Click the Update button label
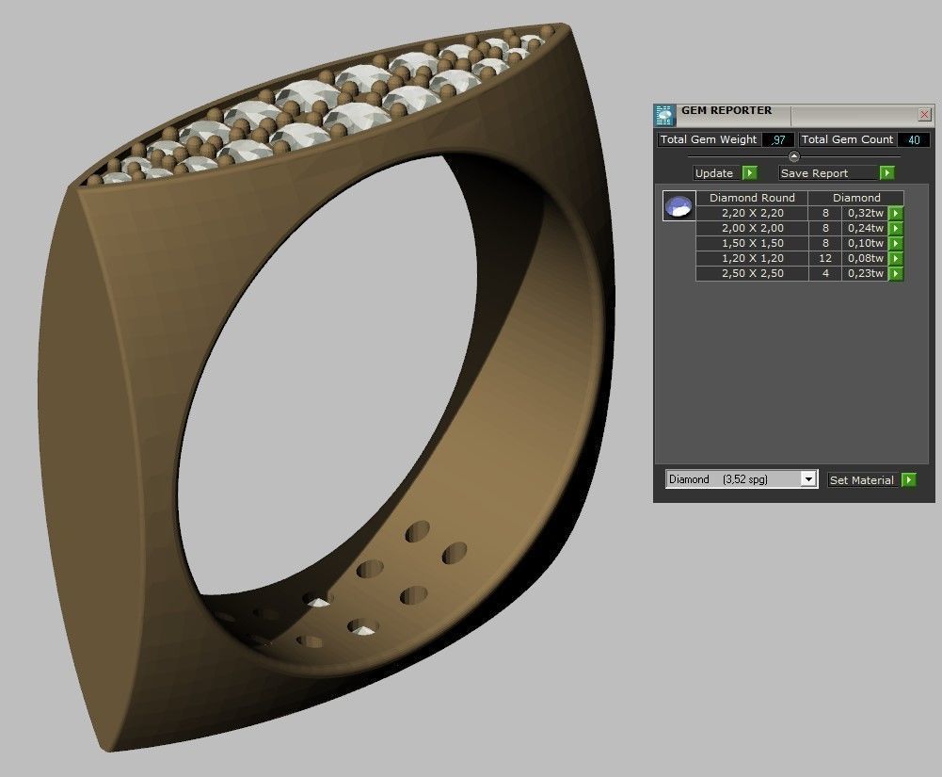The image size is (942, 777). tap(714, 173)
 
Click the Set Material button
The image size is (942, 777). tap(861, 480)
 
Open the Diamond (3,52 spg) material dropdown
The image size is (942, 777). tap(807, 479)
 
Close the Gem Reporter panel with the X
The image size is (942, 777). tap(924, 114)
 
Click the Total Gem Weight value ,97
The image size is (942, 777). tap(777, 139)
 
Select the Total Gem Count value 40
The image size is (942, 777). tap(913, 139)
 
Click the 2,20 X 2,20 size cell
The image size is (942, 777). tap(752, 213)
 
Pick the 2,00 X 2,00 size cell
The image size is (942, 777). tap(752, 228)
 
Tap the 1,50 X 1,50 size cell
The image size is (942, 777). tap(752, 243)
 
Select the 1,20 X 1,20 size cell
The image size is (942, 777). tap(752, 258)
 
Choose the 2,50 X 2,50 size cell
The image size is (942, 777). tap(752, 273)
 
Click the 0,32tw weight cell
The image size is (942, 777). tap(865, 213)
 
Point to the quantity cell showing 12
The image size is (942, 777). tap(824, 258)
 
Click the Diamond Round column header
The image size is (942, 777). tap(752, 198)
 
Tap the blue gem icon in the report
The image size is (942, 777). tap(679, 206)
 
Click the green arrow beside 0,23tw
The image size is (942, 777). tap(896, 273)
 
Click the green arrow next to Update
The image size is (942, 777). tap(749, 173)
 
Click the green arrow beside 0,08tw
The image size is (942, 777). tap(896, 258)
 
